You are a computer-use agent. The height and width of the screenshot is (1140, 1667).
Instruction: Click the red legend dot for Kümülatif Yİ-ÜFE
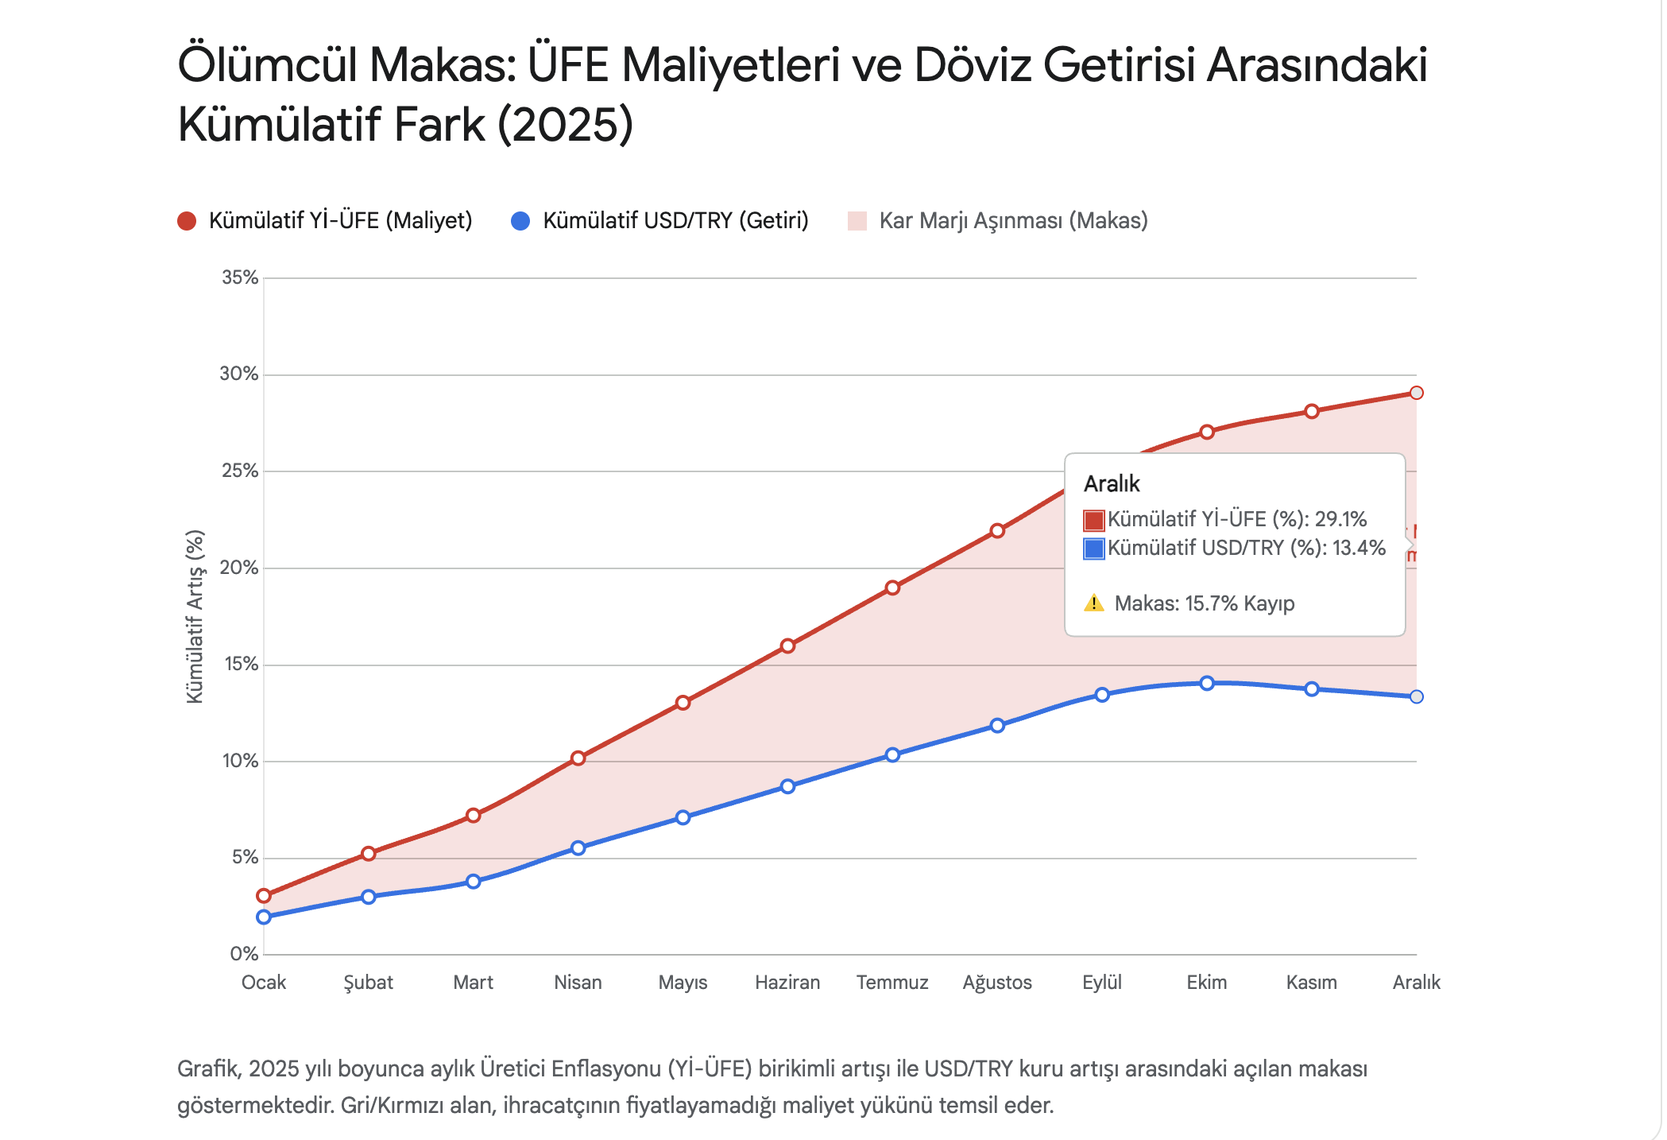click(187, 221)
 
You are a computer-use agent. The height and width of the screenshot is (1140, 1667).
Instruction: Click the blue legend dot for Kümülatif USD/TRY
click(520, 221)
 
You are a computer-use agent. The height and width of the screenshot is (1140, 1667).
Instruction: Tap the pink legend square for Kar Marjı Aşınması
click(857, 221)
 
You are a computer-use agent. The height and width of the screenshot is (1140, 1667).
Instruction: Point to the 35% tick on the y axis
click(240, 277)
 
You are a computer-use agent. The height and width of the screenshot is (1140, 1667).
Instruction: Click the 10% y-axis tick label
click(240, 761)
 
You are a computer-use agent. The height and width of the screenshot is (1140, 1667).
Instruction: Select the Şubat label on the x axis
click(368, 983)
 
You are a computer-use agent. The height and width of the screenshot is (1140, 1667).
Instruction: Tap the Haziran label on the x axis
click(787, 983)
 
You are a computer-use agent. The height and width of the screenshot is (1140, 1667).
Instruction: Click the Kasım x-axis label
click(1311, 983)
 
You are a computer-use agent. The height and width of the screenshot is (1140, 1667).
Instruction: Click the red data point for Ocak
click(264, 896)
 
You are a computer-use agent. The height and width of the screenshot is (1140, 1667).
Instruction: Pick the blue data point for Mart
click(474, 882)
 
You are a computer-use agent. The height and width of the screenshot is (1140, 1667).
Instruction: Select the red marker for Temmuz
click(892, 587)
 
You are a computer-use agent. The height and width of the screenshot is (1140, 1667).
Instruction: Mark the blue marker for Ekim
click(1207, 683)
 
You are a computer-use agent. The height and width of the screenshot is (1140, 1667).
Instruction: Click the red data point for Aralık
click(1416, 393)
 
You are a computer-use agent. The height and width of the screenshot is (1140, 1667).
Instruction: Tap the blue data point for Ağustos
click(997, 725)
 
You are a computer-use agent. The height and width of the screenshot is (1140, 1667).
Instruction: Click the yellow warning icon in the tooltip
click(1094, 603)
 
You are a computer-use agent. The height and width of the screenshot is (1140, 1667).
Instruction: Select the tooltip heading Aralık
click(1112, 483)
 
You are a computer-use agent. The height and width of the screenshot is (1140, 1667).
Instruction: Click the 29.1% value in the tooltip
click(1340, 519)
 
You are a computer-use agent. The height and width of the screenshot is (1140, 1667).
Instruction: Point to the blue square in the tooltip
click(1094, 549)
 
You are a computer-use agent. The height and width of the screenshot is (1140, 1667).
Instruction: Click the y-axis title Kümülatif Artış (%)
click(195, 616)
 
